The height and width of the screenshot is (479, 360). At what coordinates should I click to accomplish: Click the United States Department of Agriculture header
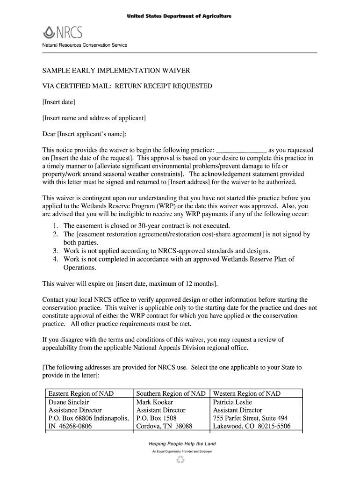tap(180, 16)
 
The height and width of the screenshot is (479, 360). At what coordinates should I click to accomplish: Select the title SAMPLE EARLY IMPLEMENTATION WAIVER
tap(116, 71)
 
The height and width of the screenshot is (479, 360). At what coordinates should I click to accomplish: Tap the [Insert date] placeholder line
tap(59, 102)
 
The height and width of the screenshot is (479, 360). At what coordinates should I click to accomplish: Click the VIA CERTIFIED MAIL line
tap(127, 86)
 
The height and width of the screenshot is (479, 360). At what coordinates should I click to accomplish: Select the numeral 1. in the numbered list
tap(55, 225)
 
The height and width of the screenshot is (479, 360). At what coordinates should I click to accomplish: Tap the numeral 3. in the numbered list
tap(55, 251)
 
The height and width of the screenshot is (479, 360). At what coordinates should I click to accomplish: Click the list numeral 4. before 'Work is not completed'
tap(55, 259)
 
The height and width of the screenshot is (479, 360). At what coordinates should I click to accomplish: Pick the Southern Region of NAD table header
tap(171, 393)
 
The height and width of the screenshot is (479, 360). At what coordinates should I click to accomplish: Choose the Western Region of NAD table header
tap(247, 393)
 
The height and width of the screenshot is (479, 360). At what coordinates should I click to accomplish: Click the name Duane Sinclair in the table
tap(69, 402)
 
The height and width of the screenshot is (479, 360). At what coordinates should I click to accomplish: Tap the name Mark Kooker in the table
tap(154, 402)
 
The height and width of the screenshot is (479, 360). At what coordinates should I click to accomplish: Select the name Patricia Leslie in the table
tap(232, 402)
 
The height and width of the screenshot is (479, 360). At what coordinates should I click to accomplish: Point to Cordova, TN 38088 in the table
tap(164, 426)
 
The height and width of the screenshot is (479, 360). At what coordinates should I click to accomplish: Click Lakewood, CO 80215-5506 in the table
tap(252, 426)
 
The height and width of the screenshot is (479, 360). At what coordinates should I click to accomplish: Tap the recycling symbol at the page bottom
tap(180, 461)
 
